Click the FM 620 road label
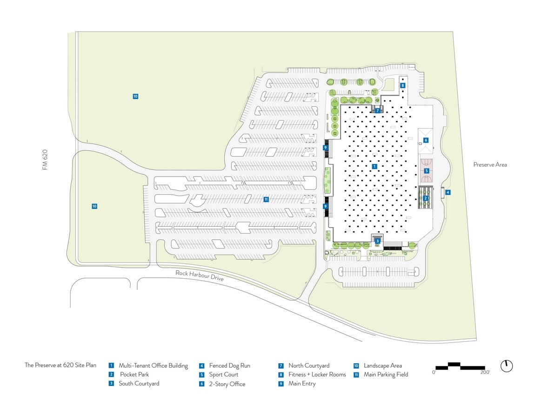tap(45, 159)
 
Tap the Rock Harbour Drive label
tap(200, 275)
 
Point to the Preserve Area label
tap(490, 165)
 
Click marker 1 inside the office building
tap(374, 166)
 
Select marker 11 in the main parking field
tap(266, 199)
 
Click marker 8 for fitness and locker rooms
tap(402, 85)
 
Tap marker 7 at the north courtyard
tap(377, 111)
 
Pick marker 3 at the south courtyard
tap(377, 241)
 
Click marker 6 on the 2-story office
tap(426, 140)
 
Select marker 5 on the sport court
tap(427, 171)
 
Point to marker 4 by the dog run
tap(448, 192)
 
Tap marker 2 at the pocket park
tap(426, 198)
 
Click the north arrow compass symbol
tap(506, 366)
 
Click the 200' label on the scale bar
tap(485, 372)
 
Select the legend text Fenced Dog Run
tap(229, 366)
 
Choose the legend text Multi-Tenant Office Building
tap(153, 366)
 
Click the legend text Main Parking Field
tap(386, 374)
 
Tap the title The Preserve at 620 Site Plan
tap(60, 365)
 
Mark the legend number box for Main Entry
tap(281, 384)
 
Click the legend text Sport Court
tap(224, 374)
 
